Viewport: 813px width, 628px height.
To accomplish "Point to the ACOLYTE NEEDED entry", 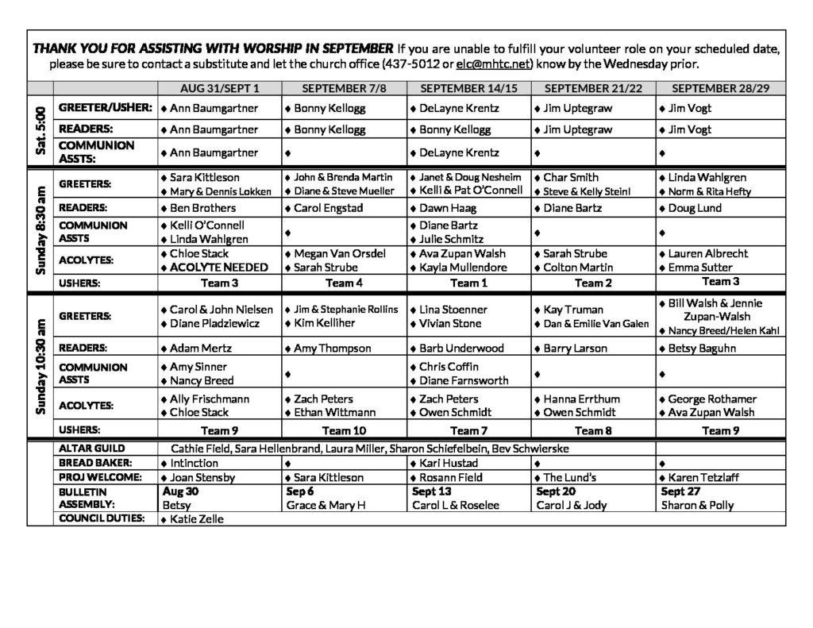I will point(218,268).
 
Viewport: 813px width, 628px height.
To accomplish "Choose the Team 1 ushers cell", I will point(466,283).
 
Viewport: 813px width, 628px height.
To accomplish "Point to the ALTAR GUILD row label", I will point(92,449).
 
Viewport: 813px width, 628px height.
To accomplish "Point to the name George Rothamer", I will point(712,399).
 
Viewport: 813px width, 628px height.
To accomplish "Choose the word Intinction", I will point(194,463).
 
